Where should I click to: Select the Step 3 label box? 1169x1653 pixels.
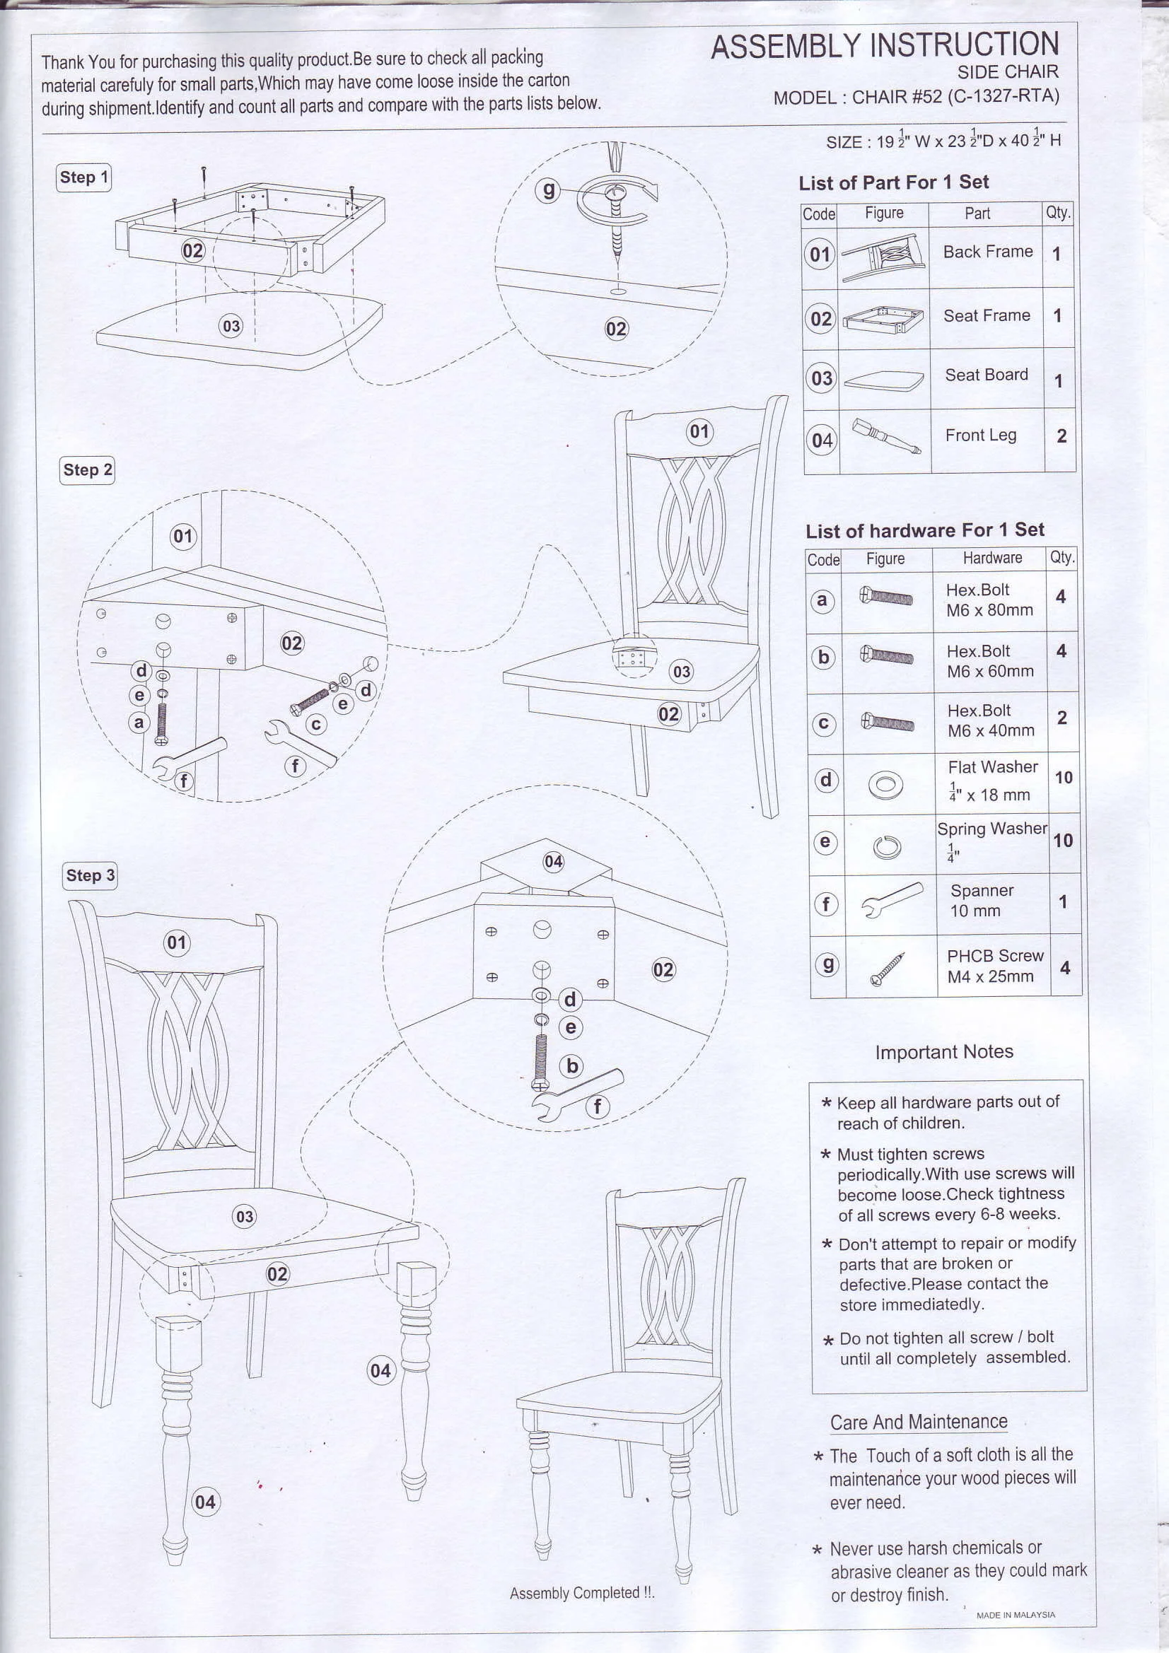[x=90, y=875]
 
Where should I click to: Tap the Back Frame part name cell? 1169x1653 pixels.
[x=987, y=252]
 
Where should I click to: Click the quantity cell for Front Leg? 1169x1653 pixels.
[x=1061, y=436]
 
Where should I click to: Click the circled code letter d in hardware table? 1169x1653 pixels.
[x=826, y=781]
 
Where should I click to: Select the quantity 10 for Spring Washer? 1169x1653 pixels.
[x=1062, y=840]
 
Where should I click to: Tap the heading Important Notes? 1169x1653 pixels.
[x=943, y=1052]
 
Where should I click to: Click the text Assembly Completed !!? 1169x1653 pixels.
[x=582, y=1592]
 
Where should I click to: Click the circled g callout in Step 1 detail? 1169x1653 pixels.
[x=548, y=190]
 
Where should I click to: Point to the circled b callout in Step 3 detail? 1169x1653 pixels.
[x=573, y=1065]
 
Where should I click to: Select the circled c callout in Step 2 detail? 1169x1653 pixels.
[x=316, y=724]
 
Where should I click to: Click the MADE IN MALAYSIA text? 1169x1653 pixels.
[x=1015, y=1615]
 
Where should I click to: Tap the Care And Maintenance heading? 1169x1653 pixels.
[x=919, y=1422]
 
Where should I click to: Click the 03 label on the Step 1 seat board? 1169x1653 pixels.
[x=231, y=326]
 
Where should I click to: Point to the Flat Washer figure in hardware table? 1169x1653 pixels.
[x=886, y=784]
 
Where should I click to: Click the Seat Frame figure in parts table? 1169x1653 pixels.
[x=884, y=318]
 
